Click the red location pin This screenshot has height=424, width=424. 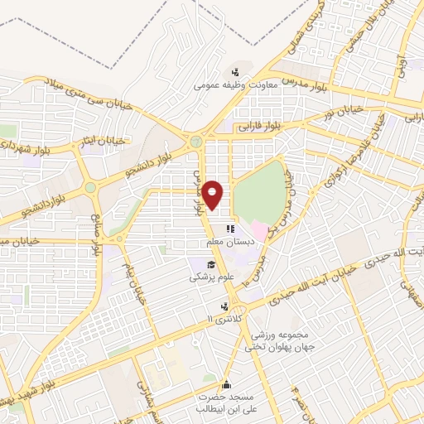213,195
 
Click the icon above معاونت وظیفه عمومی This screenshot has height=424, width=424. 235,72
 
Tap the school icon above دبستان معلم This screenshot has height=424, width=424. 231,229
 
